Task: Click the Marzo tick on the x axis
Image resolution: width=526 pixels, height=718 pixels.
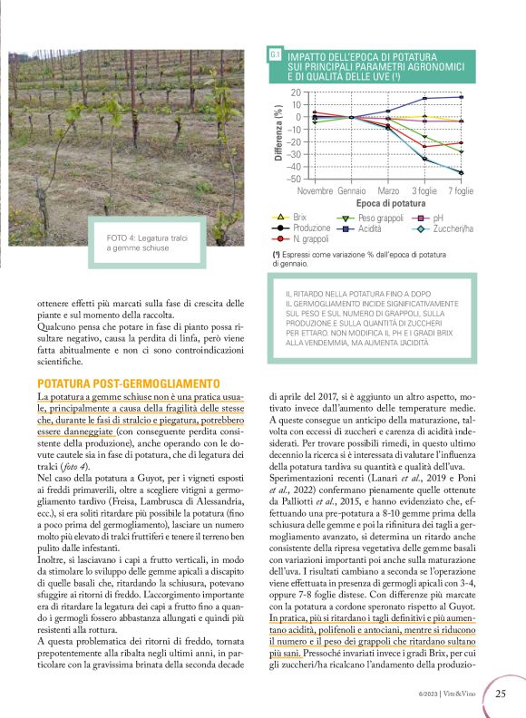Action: [388, 191]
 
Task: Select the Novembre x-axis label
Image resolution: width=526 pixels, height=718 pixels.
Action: [315, 191]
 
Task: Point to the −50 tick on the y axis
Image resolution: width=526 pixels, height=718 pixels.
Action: [295, 179]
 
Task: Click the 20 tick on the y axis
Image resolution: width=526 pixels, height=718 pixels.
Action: [297, 92]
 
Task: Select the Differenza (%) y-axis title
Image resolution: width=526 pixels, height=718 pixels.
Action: [278, 135]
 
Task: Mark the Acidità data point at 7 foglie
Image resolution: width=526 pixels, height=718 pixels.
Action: [461, 97]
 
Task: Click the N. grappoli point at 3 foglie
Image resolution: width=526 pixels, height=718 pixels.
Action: [424, 146]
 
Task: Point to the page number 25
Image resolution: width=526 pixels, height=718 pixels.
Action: [500, 694]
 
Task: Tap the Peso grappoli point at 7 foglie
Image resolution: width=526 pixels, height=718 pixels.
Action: [461, 151]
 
